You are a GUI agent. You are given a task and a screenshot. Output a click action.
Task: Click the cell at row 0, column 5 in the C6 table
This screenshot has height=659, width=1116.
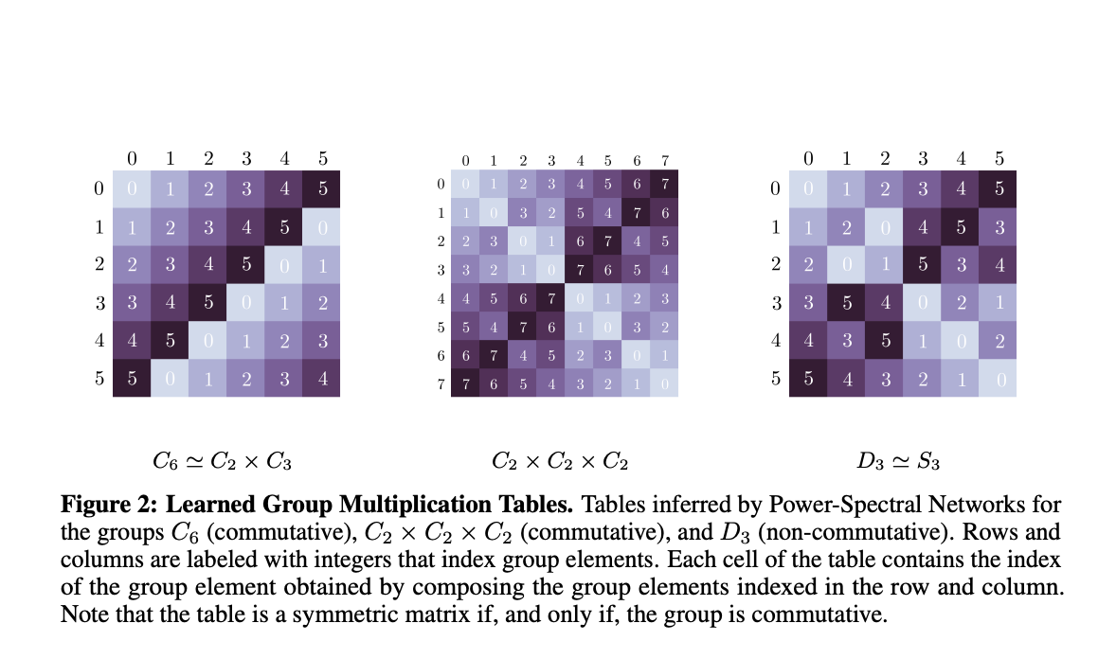point(321,189)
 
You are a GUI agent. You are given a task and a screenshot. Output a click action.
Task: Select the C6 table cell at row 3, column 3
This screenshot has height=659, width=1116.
point(245,302)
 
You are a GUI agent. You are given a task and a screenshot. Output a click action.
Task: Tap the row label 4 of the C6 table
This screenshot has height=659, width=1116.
point(99,340)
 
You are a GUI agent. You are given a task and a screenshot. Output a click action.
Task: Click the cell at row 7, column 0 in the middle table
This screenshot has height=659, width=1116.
point(466,383)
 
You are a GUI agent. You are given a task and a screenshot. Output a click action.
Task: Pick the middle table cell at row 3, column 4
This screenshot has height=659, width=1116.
point(581,270)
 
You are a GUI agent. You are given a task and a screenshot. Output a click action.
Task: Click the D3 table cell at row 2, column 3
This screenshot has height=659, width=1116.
point(922,264)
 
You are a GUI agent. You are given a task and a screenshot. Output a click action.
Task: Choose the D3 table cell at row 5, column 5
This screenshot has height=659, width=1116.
point(998,378)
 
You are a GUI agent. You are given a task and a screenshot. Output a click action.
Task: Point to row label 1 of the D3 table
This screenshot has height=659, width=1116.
point(775,227)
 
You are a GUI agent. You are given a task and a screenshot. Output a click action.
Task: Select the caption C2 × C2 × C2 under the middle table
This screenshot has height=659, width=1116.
point(561,462)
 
